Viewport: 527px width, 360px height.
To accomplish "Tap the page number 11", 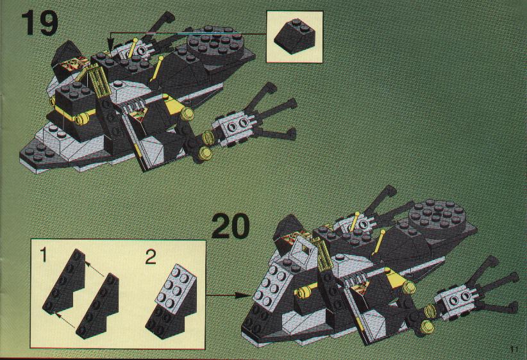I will point(514,349).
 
